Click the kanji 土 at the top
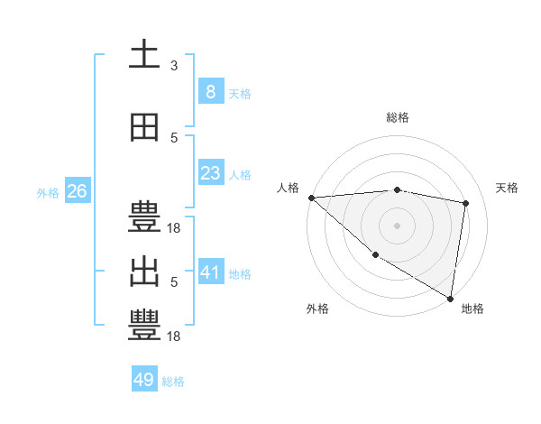click(144, 54)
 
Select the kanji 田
click(144, 127)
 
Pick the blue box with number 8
click(210, 91)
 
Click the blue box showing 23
click(210, 173)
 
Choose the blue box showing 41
click(210, 272)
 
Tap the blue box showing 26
click(77, 191)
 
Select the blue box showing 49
click(144, 380)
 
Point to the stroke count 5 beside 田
click(174, 138)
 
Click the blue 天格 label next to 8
click(240, 93)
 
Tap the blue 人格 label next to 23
click(240, 175)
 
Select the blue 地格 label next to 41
click(240, 273)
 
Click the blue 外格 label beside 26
click(48, 193)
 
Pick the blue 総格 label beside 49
click(173, 382)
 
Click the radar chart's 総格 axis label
click(398, 117)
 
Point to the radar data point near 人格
click(311, 197)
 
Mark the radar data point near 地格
click(450, 297)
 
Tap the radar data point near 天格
click(466, 203)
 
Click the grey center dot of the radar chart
click(398, 225)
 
